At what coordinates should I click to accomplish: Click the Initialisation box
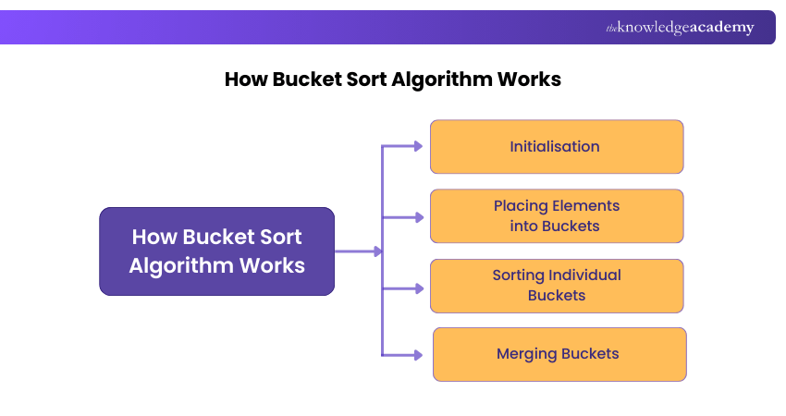(x=556, y=146)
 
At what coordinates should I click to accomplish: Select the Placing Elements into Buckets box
(x=556, y=216)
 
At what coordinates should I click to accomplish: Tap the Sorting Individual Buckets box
(x=556, y=286)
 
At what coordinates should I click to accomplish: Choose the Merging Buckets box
(x=559, y=354)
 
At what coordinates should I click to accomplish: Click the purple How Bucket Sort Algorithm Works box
(x=216, y=251)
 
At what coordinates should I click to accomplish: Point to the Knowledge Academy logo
(x=680, y=28)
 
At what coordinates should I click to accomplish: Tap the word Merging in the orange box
(x=527, y=354)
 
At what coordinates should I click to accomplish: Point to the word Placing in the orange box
(x=521, y=206)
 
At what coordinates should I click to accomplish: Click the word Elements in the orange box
(x=586, y=206)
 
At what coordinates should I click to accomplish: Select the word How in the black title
(x=246, y=80)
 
